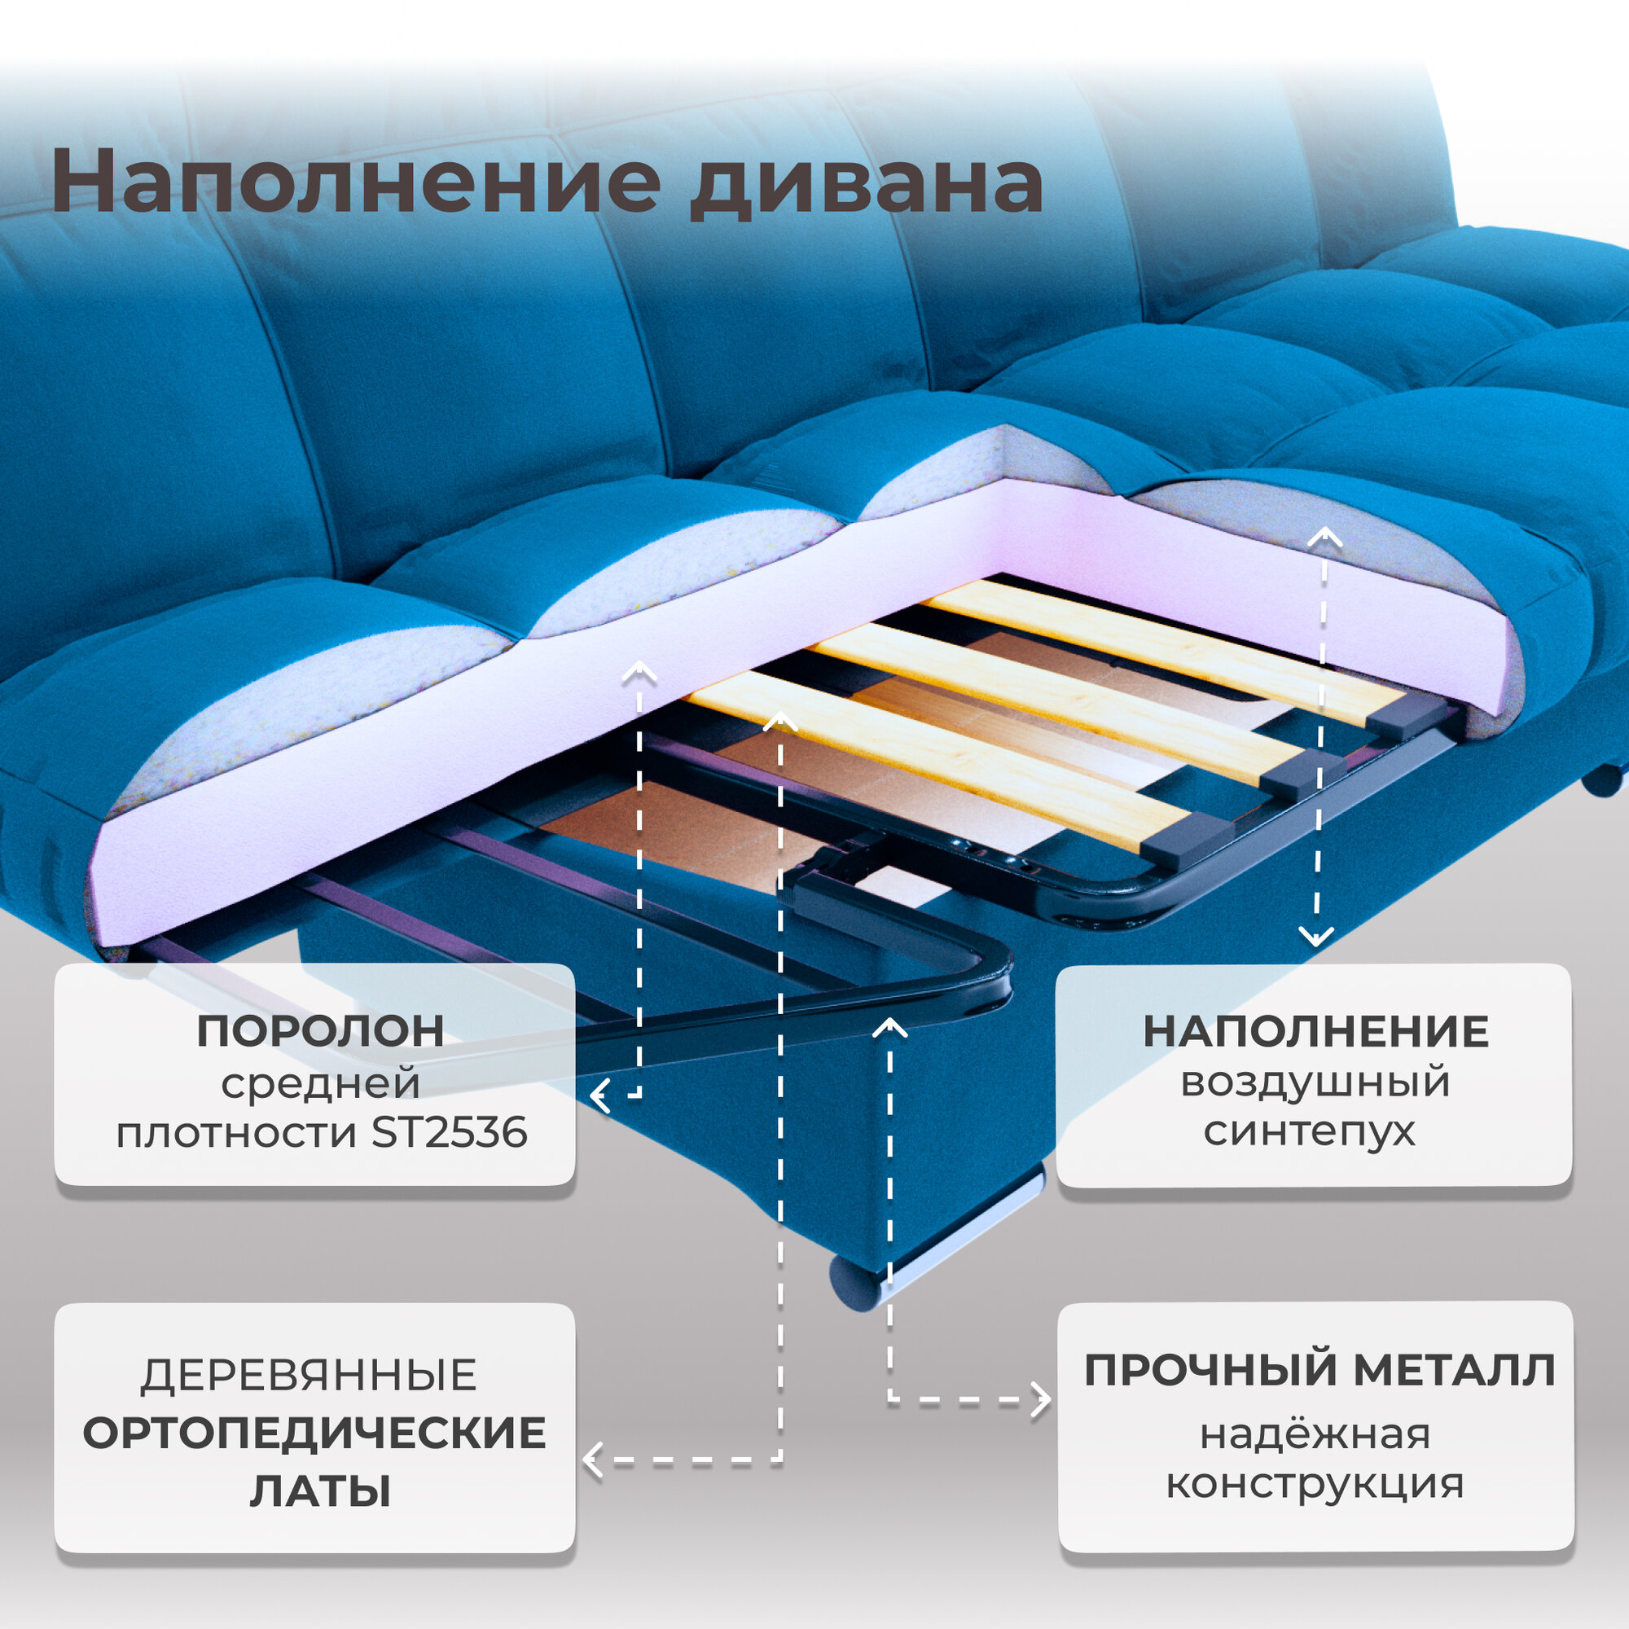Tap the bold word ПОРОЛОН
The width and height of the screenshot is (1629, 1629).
(x=320, y=1031)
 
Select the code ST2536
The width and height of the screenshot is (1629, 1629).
(x=450, y=1132)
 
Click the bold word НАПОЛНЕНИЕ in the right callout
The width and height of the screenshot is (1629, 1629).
(x=1315, y=1032)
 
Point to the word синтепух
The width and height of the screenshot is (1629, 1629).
(x=1310, y=1131)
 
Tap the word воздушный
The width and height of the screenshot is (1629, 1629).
(x=1315, y=1082)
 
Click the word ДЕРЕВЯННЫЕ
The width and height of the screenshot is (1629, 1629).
(x=309, y=1375)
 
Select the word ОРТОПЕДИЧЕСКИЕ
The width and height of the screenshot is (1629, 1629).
(x=314, y=1434)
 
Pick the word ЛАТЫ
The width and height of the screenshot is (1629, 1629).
(x=320, y=1491)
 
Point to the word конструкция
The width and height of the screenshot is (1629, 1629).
(x=1315, y=1484)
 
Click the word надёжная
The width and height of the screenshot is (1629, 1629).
(x=1315, y=1434)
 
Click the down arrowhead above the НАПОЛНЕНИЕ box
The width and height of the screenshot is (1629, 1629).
(x=1316, y=936)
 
